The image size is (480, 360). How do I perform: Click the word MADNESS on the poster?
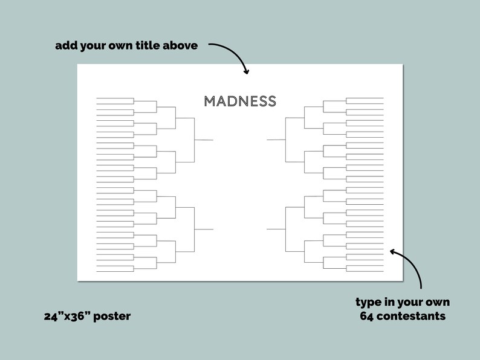240,101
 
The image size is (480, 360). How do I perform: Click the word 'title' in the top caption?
144,45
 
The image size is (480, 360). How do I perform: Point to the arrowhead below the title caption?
245,71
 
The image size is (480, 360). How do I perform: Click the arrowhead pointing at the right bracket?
394,251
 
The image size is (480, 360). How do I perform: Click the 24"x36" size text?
66,316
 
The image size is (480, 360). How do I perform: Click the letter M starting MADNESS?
210,101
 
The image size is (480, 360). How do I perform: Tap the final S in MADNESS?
271,101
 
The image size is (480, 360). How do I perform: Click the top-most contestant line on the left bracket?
115,98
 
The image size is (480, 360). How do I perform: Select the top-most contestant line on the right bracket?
365,98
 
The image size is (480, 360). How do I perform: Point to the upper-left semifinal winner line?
204,140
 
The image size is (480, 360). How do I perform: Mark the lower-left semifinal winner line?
204,230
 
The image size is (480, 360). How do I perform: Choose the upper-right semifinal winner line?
276,140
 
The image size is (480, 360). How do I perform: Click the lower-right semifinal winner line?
276,230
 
